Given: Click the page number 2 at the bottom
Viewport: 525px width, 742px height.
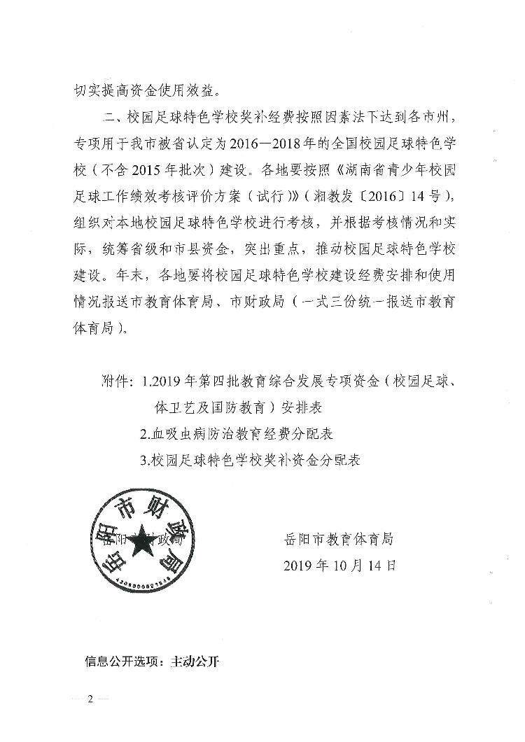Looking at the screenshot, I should (x=90, y=701).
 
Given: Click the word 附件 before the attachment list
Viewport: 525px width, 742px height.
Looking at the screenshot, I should (x=116, y=382).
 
